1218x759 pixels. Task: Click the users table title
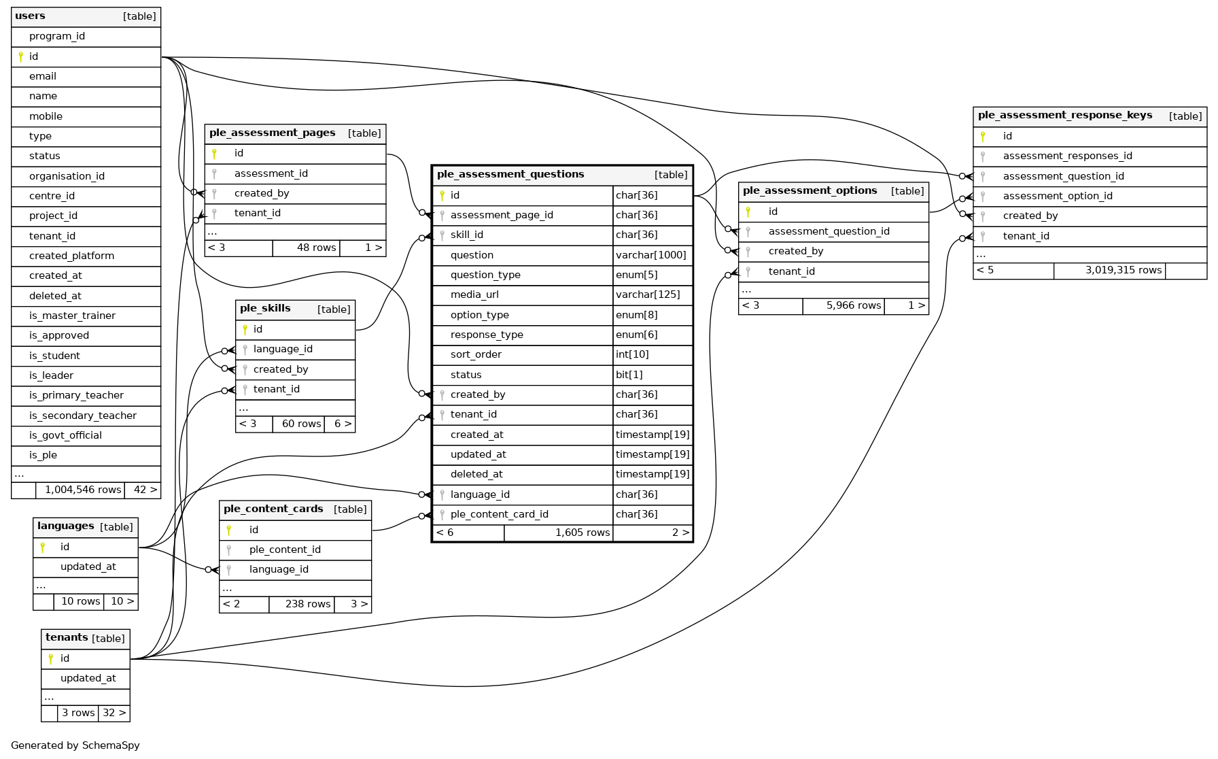click(31, 16)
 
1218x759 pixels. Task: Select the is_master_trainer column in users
click(72, 316)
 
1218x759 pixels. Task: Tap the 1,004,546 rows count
click(83, 490)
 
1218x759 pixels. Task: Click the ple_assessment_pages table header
click(273, 133)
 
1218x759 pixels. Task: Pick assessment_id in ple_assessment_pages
click(271, 173)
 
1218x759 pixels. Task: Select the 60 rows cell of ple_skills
click(301, 424)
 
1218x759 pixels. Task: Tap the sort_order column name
click(476, 354)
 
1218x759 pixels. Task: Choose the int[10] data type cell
click(632, 354)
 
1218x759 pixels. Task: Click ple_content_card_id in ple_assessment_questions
click(499, 514)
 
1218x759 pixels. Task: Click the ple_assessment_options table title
click(810, 191)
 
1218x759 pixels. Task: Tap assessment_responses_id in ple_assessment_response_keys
click(1067, 156)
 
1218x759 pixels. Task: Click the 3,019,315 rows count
click(1123, 270)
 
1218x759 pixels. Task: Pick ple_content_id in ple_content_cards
click(285, 550)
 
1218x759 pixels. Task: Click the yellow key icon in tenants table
click(51, 658)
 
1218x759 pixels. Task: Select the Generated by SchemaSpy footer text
click(75, 745)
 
